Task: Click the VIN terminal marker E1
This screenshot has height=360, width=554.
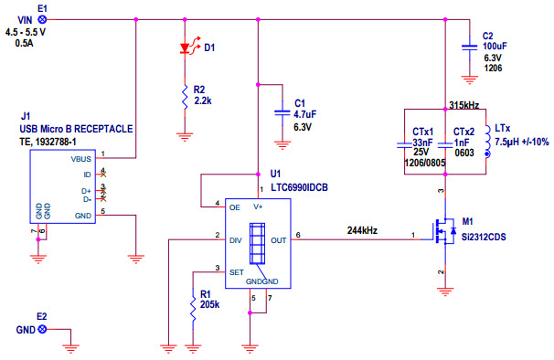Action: click(41, 17)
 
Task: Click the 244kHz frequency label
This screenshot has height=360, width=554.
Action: click(362, 230)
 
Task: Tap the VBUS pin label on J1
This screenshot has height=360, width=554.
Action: click(81, 157)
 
